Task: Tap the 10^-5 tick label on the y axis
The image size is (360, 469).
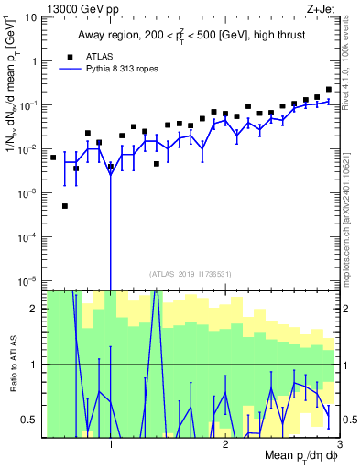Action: (x=27, y=280)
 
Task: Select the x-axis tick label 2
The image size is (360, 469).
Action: (x=225, y=445)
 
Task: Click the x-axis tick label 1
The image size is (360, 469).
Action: (x=111, y=445)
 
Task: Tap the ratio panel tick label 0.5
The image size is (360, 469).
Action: (x=29, y=420)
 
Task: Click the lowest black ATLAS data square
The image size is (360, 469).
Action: (x=65, y=206)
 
